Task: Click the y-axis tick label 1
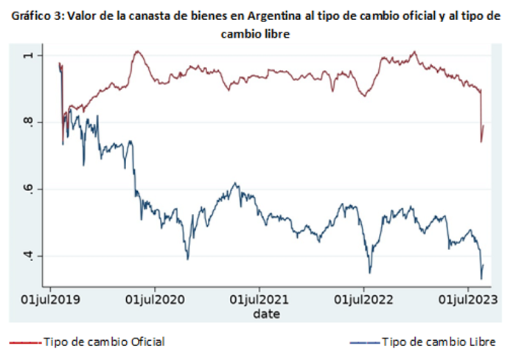pyautogui.click(x=29, y=55)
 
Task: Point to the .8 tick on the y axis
pyautogui.click(x=29, y=122)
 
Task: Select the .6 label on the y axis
pyautogui.click(x=29, y=190)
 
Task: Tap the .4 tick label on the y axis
pyautogui.click(x=29, y=256)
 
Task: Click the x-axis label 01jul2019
pyautogui.click(x=50, y=300)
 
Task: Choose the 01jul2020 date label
pyautogui.click(x=155, y=300)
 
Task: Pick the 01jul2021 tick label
pyautogui.click(x=259, y=300)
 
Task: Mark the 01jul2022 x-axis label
pyautogui.click(x=363, y=300)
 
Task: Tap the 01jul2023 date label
pyautogui.click(x=468, y=300)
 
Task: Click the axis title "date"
pyautogui.click(x=267, y=314)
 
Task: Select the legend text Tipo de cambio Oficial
pyautogui.click(x=105, y=342)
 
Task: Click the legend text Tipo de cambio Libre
pyautogui.click(x=439, y=342)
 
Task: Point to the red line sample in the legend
pyautogui.click(x=25, y=343)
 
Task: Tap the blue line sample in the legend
pyautogui.click(x=365, y=343)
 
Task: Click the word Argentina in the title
pyautogui.click(x=273, y=15)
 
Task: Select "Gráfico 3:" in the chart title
pyautogui.click(x=38, y=15)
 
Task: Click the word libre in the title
pyautogui.click(x=278, y=34)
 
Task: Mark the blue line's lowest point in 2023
pyautogui.click(x=481, y=279)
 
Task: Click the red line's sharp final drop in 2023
pyautogui.click(x=481, y=116)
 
